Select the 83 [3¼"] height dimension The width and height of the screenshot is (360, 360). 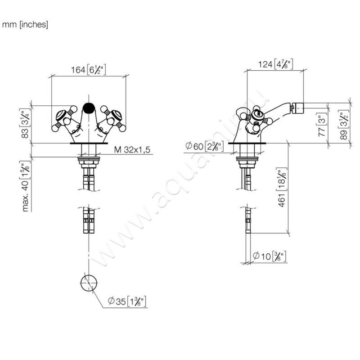[x=25, y=124]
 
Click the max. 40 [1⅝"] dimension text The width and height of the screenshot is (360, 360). [x=25, y=186]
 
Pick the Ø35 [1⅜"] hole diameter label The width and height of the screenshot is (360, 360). [x=127, y=301]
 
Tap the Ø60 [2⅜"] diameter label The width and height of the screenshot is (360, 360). [x=201, y=146]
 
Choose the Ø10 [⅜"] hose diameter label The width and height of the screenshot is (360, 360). [x=269, y=256]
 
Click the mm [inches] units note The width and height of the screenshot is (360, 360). [x=25, y=25]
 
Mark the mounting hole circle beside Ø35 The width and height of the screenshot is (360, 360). [x=88, y=282]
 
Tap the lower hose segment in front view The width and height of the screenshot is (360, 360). [x=88, y=220]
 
